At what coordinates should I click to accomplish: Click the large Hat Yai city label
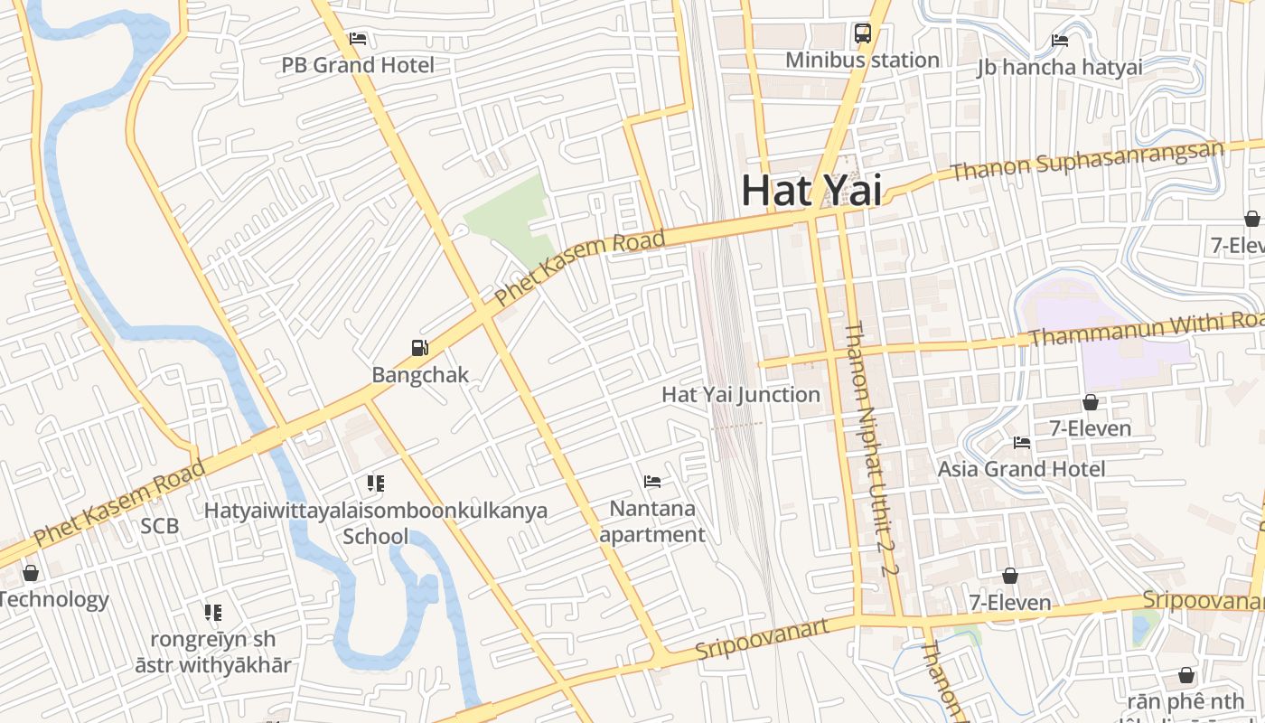(x=811, y=191)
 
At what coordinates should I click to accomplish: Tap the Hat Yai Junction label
(x=741, y=395)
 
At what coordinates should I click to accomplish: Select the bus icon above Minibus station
(x=863, y=34)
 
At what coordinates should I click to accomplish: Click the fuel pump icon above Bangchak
(x=419, y=348)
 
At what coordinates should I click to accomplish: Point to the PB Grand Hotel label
(x=358, y=65)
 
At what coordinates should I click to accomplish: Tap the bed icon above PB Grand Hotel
(x=358, y=39)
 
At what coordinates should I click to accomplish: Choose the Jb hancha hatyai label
(x=1060, y=67)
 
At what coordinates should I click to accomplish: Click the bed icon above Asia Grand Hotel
(x=1022, y=443)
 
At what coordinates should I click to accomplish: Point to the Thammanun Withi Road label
(x=1148, y=330)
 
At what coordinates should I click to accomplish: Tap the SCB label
(x=160, y=526)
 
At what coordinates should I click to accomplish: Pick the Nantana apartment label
(x=652, y=521)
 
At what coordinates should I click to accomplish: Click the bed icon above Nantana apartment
(x=651, y=482)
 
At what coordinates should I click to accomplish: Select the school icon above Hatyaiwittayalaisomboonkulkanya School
(x=376, y=484)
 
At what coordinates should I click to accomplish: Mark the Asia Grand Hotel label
(x=1021, y=469)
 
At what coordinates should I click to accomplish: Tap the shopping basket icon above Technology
(x=31, y=573)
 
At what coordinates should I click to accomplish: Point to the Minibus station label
(x=862, y=61)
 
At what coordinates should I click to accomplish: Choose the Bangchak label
(x=420, y=375)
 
